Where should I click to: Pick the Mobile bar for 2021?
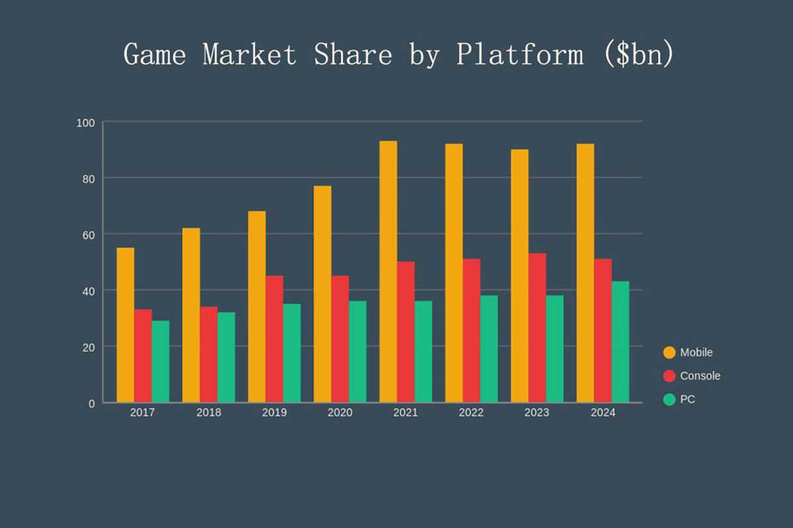pos(389,271)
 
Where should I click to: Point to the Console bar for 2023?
pos(537,327)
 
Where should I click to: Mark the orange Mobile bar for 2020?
pos(322,294)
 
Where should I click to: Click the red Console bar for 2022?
pos(472,330)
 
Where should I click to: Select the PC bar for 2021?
pos(424,351)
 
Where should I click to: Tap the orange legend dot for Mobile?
pos(669,353)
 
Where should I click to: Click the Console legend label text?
pos(700,376)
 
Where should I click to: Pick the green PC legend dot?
pos(669,399)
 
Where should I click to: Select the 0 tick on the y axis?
pos(92,403)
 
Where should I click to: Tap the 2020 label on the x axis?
pos(340,413)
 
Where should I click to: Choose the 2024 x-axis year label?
pos(603,413)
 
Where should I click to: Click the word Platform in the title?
pos(520,54)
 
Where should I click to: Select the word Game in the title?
pos(155,54)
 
